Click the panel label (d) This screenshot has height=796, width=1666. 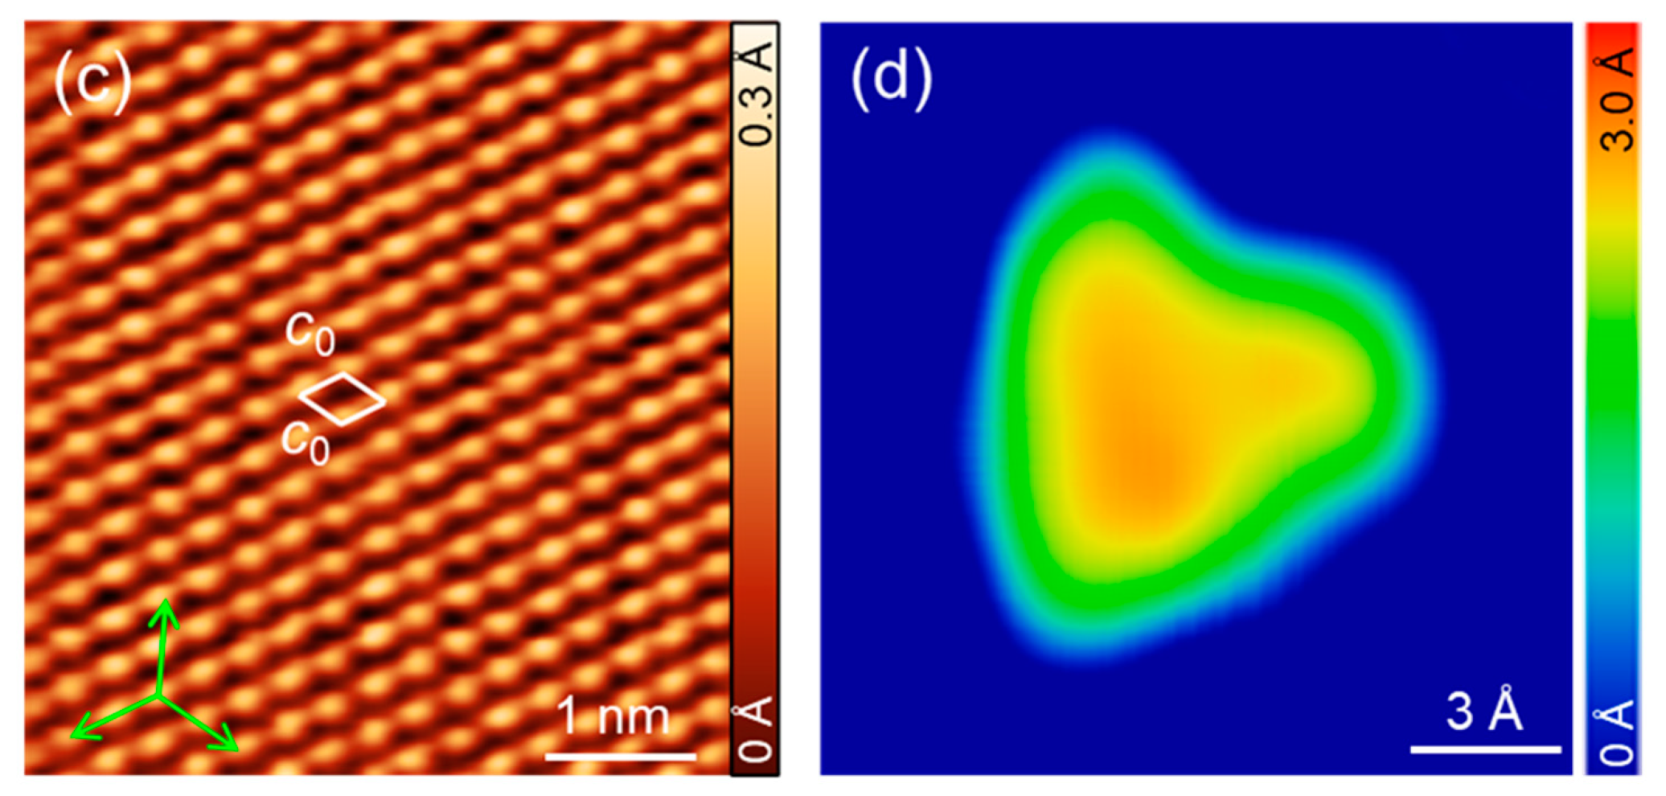pos(891,78)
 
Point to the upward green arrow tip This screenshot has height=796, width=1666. pos(166,603)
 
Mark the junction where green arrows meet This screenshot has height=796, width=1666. pos(159,695)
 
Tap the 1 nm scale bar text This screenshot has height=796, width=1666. pos(613,716)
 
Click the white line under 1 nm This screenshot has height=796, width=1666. pos(620,756)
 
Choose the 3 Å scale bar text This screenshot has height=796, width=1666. pos(1484,711)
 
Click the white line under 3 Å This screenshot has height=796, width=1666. pos(1485,749)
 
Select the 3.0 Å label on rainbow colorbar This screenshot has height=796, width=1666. pos(1616,100)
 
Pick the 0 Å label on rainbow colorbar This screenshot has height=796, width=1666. pos(1616,732)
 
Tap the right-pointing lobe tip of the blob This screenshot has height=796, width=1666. pos(1367,386)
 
